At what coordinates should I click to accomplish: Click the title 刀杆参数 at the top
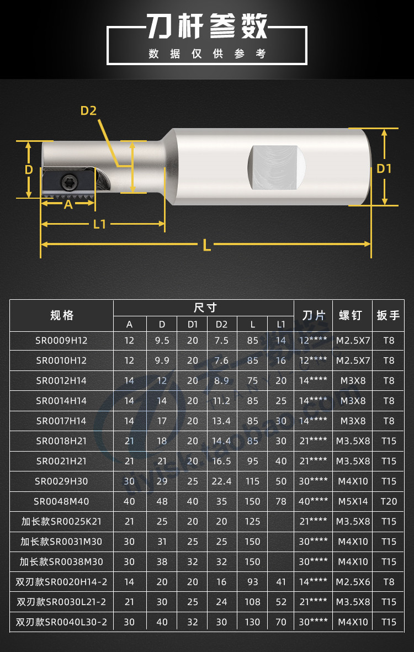pos(206,25)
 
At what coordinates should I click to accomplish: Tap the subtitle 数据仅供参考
pos(207,54)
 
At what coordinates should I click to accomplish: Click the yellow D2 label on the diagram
pos(88,110)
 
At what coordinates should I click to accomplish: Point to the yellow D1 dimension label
pos(384,168)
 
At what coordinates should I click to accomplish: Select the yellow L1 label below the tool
pos(99,224)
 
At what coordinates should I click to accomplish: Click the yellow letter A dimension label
pos(68,204)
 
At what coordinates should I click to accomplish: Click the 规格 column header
pos(62,316)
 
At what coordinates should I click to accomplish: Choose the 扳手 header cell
pos(389,316)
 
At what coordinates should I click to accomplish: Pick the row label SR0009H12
pos(62,341)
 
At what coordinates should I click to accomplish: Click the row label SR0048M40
pos(62,501)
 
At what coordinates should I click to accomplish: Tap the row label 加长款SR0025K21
pos(62,521)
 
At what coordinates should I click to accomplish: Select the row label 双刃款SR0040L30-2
pos(62,622)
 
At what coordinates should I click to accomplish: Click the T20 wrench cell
pos(389,501)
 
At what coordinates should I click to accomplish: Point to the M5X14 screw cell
pos(352,501)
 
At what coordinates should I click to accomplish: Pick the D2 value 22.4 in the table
pos(221,481)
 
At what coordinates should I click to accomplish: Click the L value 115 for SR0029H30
pos(252,481)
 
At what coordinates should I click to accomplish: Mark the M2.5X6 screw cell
pos(352,582)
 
